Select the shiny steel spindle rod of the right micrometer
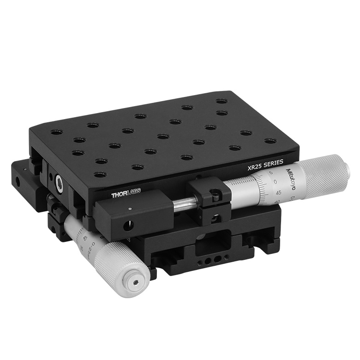click(x=185, y=202)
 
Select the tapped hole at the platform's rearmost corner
click(x=221, y=101)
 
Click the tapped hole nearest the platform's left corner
click(x=56, y=132)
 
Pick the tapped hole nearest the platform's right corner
click(x=270, y=141)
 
